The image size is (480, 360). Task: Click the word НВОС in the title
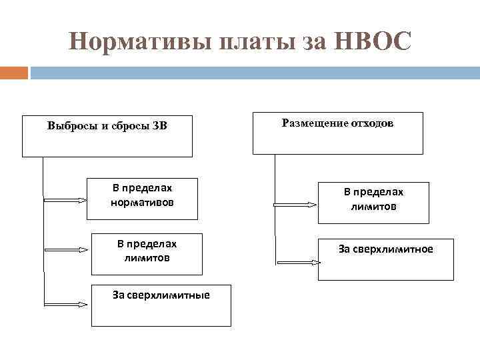tap(376, 42)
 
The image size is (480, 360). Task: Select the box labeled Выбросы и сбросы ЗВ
tap(107, 137)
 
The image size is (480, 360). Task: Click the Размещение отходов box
tap(337, 133)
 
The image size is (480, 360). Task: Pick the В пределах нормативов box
tap(142, 199)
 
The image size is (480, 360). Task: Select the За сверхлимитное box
tap(385, 259)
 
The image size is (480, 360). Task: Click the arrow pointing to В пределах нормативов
tap(65, 199)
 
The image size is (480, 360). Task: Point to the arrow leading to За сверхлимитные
tap(65, 304)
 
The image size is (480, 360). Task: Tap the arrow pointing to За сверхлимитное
tap(298, 263)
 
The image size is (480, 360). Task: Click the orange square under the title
tap(14, 72)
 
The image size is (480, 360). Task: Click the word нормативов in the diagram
tap(142, 202)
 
